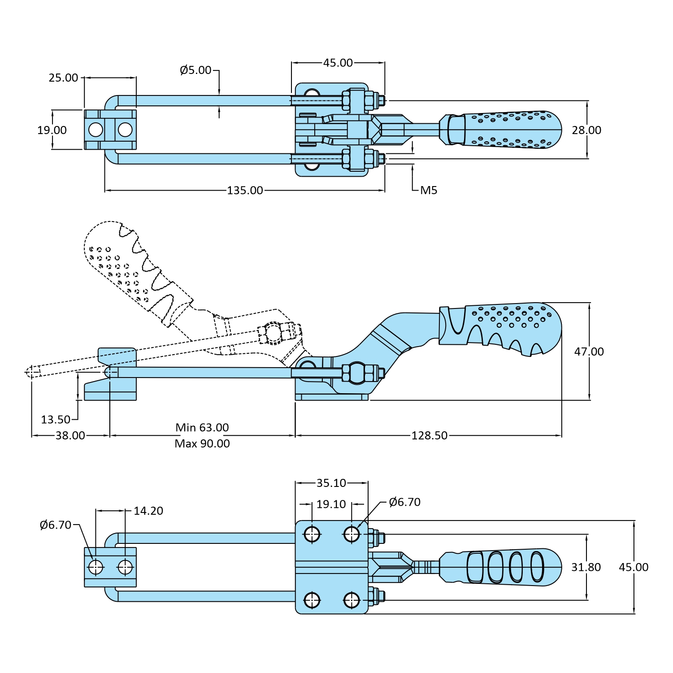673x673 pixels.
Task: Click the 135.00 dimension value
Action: tap(245, 190)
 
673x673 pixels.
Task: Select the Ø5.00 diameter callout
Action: tap(195, 70)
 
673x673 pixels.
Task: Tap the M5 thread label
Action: tap(428, 191)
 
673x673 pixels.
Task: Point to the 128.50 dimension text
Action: tap(429, 435)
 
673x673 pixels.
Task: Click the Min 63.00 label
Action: tap(202, 427)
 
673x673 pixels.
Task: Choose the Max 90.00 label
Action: tap(202, 443)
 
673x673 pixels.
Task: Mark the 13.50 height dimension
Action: tap(56, 420)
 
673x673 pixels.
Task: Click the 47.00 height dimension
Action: tap(589, 352)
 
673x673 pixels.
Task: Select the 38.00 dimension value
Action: tap(70, 435)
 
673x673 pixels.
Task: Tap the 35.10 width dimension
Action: tap(331, 483)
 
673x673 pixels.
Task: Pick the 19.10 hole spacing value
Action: tap(331, 504)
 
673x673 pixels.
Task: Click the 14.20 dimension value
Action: tap(148, 511)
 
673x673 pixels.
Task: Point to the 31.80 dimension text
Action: tap(586, 567)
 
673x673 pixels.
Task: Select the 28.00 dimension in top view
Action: tap(586, 130)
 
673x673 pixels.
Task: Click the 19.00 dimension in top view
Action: tap(52, 130)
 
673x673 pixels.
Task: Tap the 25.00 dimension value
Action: tap(63, 78)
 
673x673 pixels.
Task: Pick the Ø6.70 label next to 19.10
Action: tap(404, 502)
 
